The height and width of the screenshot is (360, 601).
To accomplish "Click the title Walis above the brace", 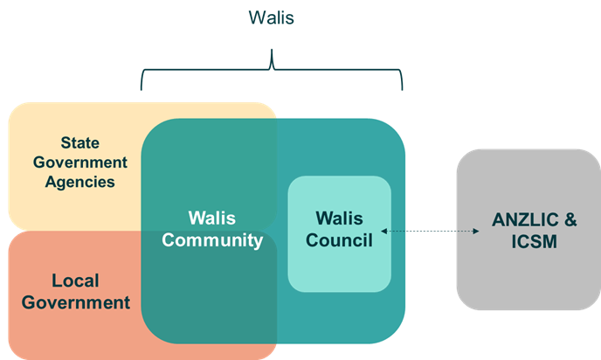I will pyautogui.click(x=272, y=17).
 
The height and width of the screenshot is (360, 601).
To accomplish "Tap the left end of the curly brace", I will pyautogui.click(x=142, y=88).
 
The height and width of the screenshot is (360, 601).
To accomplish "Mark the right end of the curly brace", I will pyautogui.click(x=403, y=88).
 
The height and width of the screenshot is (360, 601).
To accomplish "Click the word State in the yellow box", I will pyautogui.click(x=79, y=142).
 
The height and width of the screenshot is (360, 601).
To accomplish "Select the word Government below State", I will pyautogui.click(x=81, y=163).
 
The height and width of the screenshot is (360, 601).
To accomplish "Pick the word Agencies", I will pyautogui.click(x=81, y=182).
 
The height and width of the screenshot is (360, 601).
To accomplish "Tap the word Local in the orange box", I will pyautogui.click(x=75, y=281).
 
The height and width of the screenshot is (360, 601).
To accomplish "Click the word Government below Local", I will pyautogui.click(x=77, y=302).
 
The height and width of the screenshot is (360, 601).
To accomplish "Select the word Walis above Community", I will pyautogui.click(x=212, y=218).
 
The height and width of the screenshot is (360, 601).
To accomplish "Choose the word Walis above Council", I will pyautogui.click(x=338, y=218).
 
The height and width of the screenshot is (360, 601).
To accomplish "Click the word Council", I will pyautogui.click(x=338, y=239).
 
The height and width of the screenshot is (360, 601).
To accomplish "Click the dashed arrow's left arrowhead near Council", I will pyautogui.click(x=384, y=232).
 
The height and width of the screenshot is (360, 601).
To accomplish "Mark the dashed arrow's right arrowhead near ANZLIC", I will pyautogui.click(x=477, y=232).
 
